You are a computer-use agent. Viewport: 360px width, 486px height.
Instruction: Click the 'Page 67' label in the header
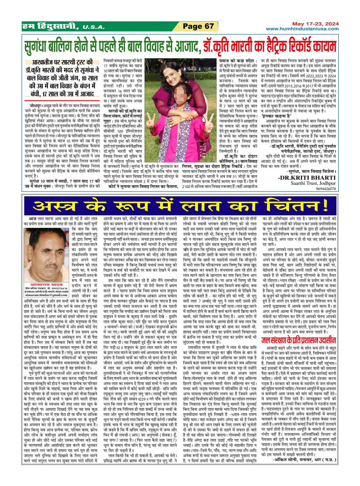tap(198, 26)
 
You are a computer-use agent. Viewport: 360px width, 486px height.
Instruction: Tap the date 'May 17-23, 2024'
tap(315, 24)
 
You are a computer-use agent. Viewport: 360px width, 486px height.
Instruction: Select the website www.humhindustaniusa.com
tap(302, 29)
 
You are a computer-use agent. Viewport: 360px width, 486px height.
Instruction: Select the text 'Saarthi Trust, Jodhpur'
tap(313, 183)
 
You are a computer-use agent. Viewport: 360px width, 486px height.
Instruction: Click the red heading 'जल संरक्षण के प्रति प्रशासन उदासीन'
tap(298, 340)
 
